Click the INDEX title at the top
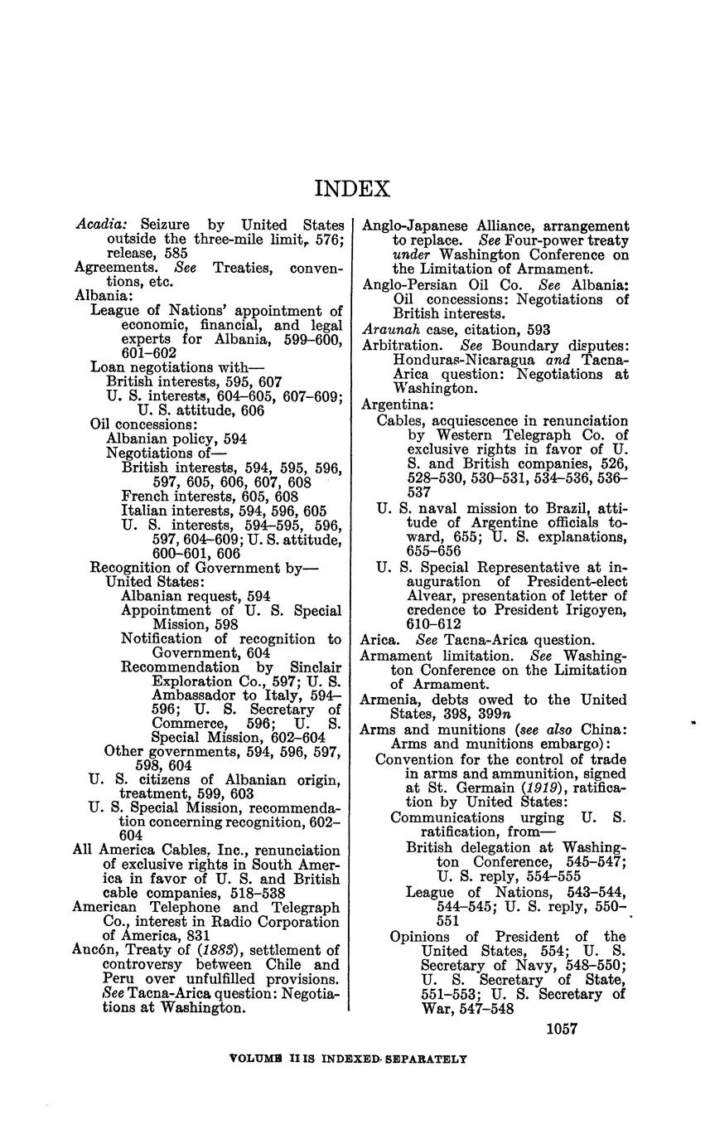[x=352, y=189]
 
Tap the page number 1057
[x=562, y=1029]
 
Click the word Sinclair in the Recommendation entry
[x=316, y=667]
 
